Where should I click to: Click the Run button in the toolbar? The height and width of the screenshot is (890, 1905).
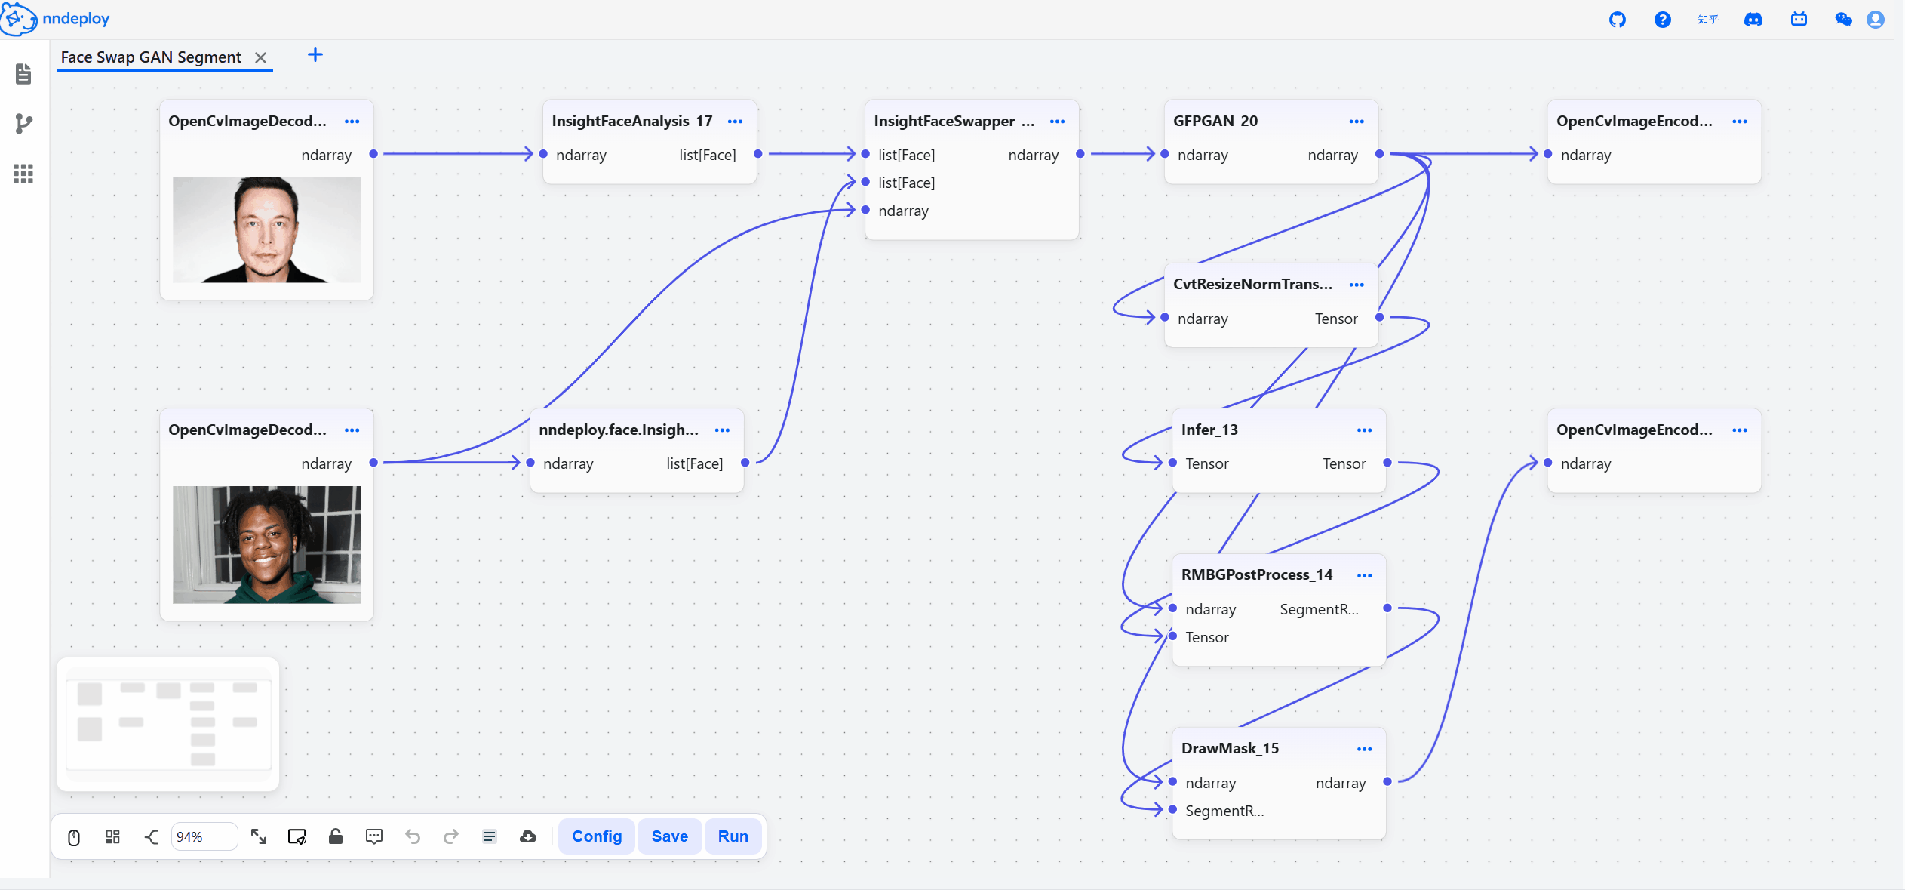tap(733, 836)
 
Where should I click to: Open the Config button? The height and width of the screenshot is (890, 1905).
tap(597, 836)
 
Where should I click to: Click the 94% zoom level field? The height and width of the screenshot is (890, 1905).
tap(204, 836)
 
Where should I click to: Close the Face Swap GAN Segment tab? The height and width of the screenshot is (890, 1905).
tap(261, 57)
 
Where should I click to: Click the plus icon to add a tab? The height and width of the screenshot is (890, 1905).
tap(315, 54)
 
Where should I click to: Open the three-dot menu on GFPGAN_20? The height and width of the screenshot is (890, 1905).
tap(1357, 122)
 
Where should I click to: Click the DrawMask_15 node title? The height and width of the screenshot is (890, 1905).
tap(1230, 748)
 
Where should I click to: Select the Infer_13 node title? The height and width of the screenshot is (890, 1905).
tap(1209, 430)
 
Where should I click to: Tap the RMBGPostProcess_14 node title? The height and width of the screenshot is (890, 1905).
tap(1257, 574)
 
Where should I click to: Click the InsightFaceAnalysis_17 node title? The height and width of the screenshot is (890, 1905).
tap(632, 121)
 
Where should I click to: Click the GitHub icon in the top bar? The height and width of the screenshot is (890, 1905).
tap(1618, 20)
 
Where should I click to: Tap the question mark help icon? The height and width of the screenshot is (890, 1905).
tap(1663, 20)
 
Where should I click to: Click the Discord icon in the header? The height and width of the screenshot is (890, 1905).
tap(1753, 20)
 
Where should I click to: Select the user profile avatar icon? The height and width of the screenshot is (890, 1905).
tap(1876, 20)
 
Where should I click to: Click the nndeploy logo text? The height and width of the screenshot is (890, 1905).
tap(76, 19)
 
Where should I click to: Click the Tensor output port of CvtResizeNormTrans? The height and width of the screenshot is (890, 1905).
tap(1379, 317)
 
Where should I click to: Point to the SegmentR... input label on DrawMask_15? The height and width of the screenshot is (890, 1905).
tap(1224, 811)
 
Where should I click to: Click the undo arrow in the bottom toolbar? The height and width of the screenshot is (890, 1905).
tap(413, 836)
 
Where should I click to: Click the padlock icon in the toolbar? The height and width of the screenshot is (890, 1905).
tap(336, 836)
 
